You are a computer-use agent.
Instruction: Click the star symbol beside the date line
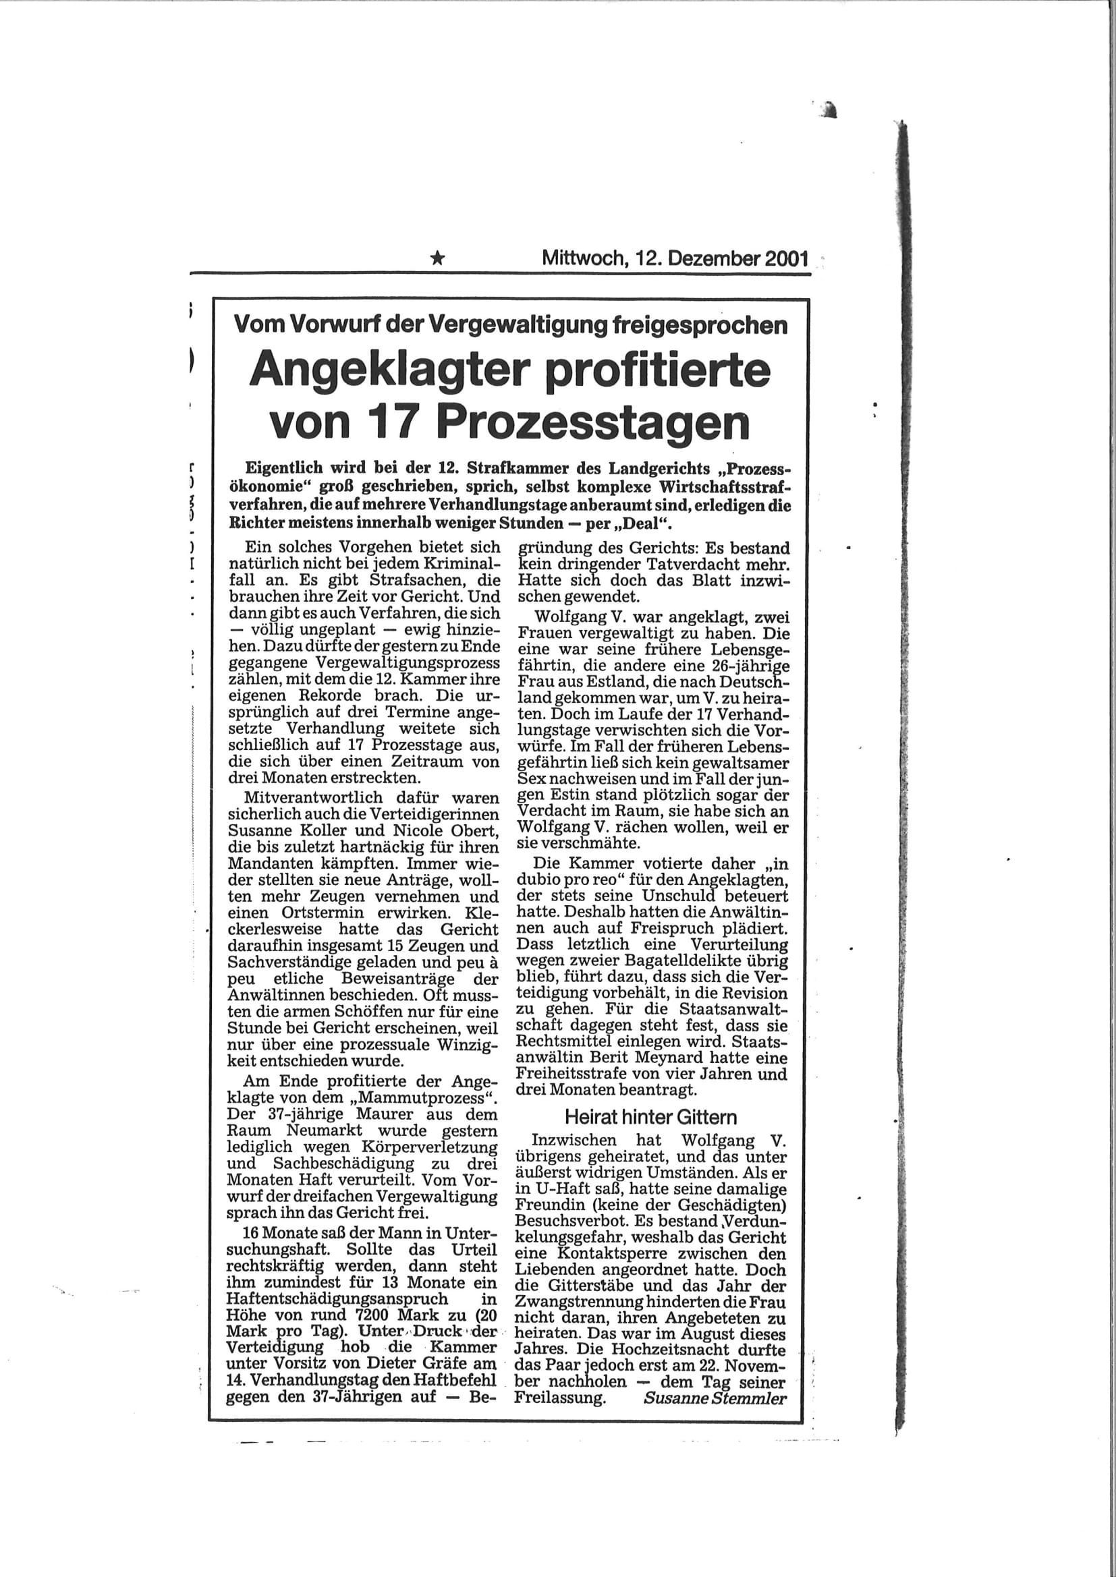tap(437, 259)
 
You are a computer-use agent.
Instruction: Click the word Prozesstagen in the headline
tap(592, 425)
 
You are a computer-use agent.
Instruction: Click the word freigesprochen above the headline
tap(700, 325)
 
